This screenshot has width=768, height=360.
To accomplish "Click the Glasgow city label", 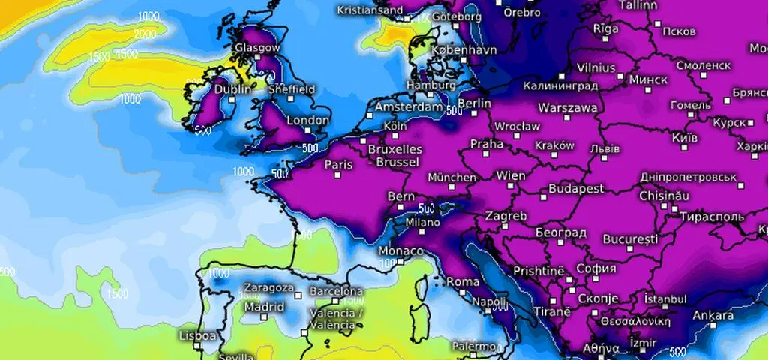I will coord(257,47).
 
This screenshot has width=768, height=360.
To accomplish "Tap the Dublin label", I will coord(233,89).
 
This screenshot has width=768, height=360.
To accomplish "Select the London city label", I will coord(308,120).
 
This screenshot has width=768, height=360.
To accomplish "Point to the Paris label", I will coord(338,164).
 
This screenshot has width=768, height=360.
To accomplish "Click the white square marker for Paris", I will coord(337,175).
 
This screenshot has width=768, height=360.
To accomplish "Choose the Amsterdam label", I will coord(409,107).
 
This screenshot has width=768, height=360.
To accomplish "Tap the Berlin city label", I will coord(474,103).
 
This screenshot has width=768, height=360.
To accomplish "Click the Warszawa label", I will coord(568,108).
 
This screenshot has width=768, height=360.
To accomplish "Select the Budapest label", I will coord(576,188).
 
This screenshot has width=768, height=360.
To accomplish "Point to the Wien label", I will coord(511,176).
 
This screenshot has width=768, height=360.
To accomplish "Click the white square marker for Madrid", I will coord(264,317).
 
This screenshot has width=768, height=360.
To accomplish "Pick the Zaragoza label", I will coord(268,287).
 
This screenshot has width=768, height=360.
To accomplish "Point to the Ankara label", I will coord(713,315).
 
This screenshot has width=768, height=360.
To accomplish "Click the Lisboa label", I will coord(198,335).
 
